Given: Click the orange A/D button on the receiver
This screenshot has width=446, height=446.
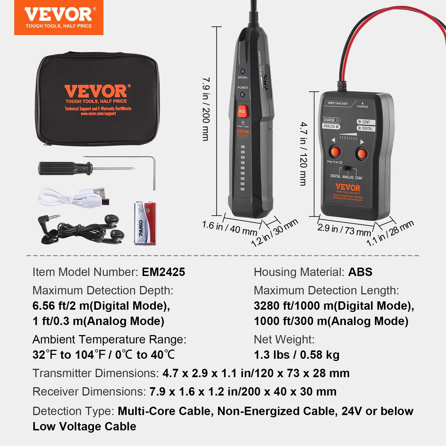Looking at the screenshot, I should point(242,111).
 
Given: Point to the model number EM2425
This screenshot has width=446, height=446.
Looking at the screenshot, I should point(163,272).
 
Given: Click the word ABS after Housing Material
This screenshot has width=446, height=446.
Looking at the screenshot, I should point(360,272).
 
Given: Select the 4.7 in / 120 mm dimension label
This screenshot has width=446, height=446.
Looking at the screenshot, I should point(304,154).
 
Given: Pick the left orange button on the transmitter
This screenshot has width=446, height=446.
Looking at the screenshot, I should point(335,152).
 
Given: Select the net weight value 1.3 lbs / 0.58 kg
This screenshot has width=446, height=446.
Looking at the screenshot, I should point(297,355).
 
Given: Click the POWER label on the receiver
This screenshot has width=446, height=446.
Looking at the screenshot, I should point(243,88).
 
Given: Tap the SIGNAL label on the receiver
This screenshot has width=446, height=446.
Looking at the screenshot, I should point(243,77).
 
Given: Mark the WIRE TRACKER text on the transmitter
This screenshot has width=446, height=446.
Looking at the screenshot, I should point(337,103).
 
